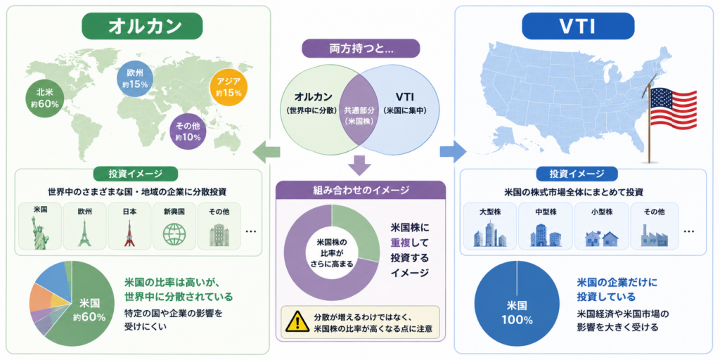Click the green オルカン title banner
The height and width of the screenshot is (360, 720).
coord(142,25)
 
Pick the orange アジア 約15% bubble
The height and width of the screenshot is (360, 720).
coord(229,87)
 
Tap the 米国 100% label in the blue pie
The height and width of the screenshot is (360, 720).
coord(517,312)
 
